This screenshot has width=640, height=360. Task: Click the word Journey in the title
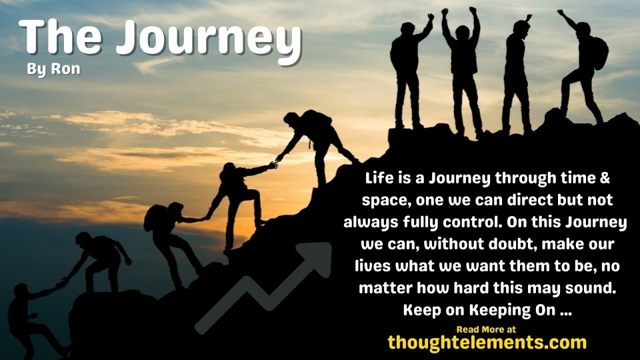(207, 39)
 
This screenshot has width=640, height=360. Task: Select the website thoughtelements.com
(487, 343)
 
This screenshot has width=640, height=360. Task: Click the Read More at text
(486, 329)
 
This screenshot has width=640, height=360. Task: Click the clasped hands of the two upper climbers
(274, 163)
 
